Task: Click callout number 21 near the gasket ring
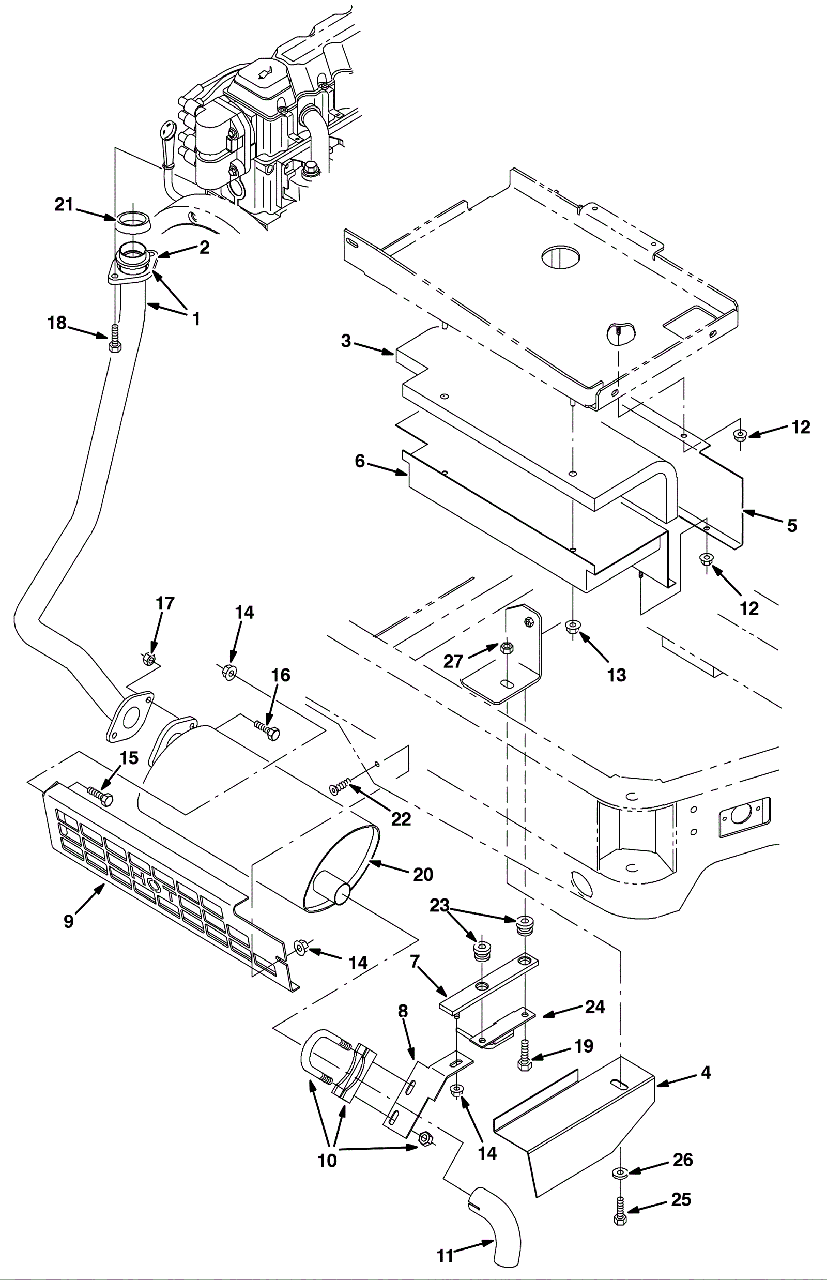pyautogui.click(x=64, y=205)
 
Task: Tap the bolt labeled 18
pyautogui.click(x=114, y=340)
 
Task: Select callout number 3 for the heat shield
pyautogui.click(x=346, y=341)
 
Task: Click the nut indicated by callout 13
pyautogui.click(x=573, y=627)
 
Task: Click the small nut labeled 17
pyautogui.click(x=149, y=659)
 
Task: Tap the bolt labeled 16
pyautogui.click(x=268, y=731)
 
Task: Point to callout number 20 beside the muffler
pyautogui.click(x=423, y=875)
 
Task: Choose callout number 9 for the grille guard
pyautogui.click(x=69, y=921)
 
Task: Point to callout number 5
pyautogui.click(x=792, y=525)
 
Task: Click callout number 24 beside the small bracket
pyautogui.click(x=595, y=1007)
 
